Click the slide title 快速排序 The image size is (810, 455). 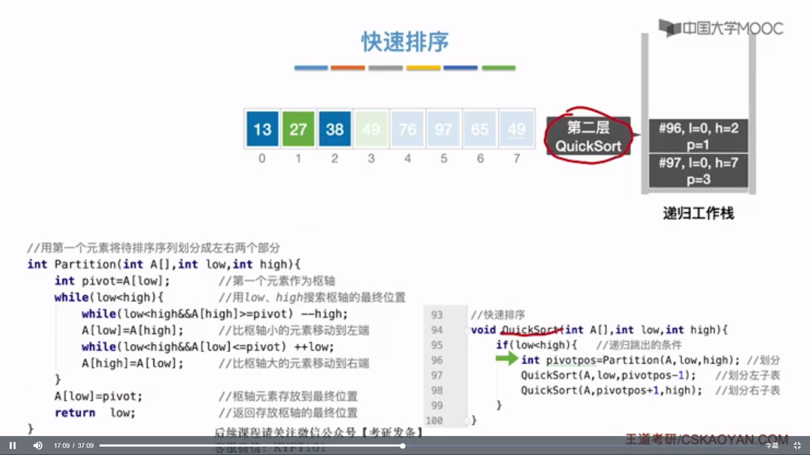pyautogui.click(x=405, y=42)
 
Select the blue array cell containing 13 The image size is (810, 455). pyautogui.click(x=262, y=129)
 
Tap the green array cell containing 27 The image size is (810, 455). pyautogui.click(x=298, y=129)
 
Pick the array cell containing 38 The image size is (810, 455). pyautogui.click(x=335, y=129)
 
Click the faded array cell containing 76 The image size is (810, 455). pyautogui.click(x=408, y=129)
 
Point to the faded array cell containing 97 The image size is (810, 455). pyautogui.click(x=443, y=129)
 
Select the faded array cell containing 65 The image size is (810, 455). pyautogui.click(x=480, y=129)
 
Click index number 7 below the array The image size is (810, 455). pyautogui.click(x=517, y=158)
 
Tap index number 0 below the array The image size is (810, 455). pyautogui.click(x=262, y=158)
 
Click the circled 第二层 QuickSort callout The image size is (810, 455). pyautogui.click(x=588, y=136)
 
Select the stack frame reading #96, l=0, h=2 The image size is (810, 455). pyautogui.click(x=698, y=136)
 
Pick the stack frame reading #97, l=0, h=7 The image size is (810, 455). pyautogui.click(x=698, y=170)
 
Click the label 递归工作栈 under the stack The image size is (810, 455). pyautogui.click(x=698, y=213)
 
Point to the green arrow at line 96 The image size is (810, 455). pyautogui.click(x=506, y=359)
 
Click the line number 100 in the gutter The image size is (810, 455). pyautogui.click(x=434, y=420)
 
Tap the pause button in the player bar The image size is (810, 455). pyautogui.click(x=13, y=445)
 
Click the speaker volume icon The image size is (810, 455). pyautogui.click(x=38, y=445)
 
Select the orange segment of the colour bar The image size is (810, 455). pyautogui.click(x=348, y=67)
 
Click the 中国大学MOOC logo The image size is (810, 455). pyautogui.click(x=721, y=28)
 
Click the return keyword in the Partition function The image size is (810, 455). pyautogui.click(x=75, y=413)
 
